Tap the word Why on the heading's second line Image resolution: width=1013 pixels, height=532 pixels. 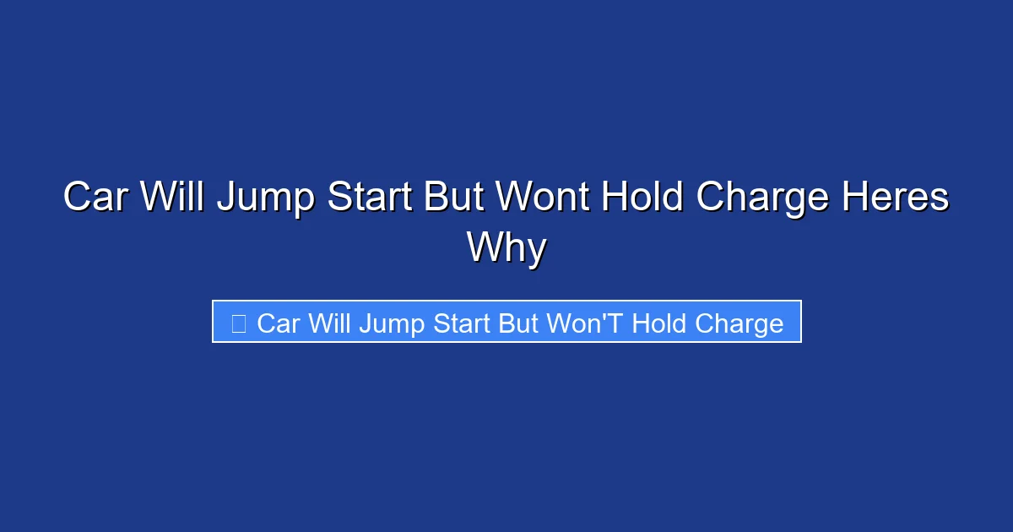506,247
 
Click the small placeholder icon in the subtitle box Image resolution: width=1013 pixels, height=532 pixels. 238,323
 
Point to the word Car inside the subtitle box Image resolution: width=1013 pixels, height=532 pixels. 279,323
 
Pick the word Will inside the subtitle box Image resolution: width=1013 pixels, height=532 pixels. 330,323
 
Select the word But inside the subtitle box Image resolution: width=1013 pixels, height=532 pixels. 517,323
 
